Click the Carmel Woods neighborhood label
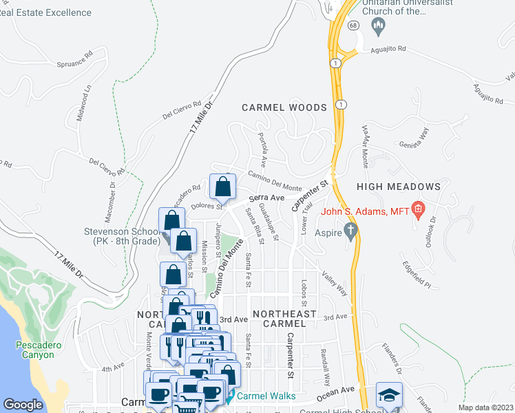click(284, 107)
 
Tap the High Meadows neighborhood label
click(398, 187)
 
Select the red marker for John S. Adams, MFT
click(417, 208)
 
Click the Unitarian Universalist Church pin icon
click(377, 26)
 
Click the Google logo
click(23, 405)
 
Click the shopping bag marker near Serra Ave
click(223, 186)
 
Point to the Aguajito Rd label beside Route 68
click(388, 50)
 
